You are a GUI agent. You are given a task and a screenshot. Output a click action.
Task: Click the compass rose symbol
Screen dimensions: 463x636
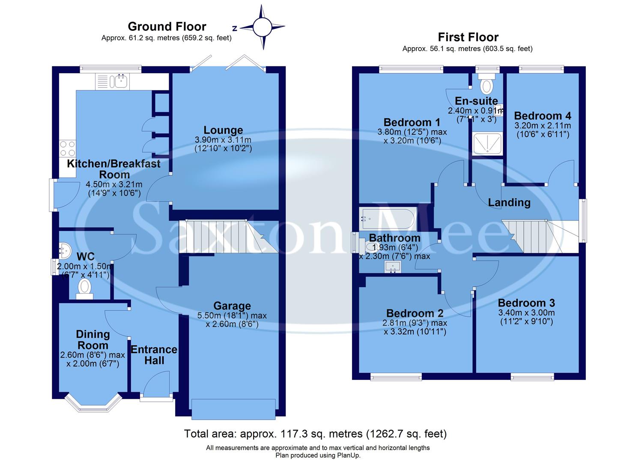click(262, 27)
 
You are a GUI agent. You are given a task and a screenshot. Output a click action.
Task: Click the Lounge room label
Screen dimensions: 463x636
click(223, 130)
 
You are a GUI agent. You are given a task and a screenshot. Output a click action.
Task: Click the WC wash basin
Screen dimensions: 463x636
click(64, 248)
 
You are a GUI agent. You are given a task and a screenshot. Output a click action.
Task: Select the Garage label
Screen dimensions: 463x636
click(232, 306)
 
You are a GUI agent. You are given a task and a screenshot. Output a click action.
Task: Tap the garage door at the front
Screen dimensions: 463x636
click(233, 409)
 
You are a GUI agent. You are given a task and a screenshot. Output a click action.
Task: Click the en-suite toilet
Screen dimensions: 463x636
click(487, 85)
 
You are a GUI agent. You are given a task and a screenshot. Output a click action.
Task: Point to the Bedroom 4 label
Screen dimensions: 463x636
click(542, 116)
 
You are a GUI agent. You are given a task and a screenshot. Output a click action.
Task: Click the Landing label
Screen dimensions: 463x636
click(509, 202)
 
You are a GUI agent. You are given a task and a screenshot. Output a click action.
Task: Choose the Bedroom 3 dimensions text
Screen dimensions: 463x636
click(526, 317)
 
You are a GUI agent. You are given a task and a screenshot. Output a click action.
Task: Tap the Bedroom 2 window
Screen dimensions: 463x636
click(396, 377)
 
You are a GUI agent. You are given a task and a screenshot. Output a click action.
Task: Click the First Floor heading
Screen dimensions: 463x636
click(468, 37)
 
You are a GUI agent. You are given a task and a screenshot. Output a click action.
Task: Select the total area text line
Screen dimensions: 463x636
click(315, 434)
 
